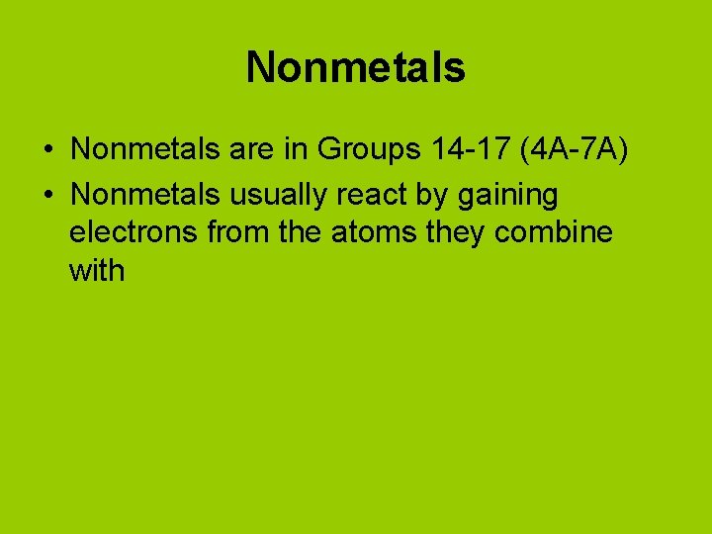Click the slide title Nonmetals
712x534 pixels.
click(355, 68)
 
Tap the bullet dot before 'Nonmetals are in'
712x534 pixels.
click(47, 150)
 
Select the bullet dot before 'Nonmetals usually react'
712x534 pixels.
click(47, 196)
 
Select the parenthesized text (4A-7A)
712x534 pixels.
click(577, 150)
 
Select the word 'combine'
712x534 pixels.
click(566, 233)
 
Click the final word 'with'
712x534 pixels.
click(97, 270)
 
